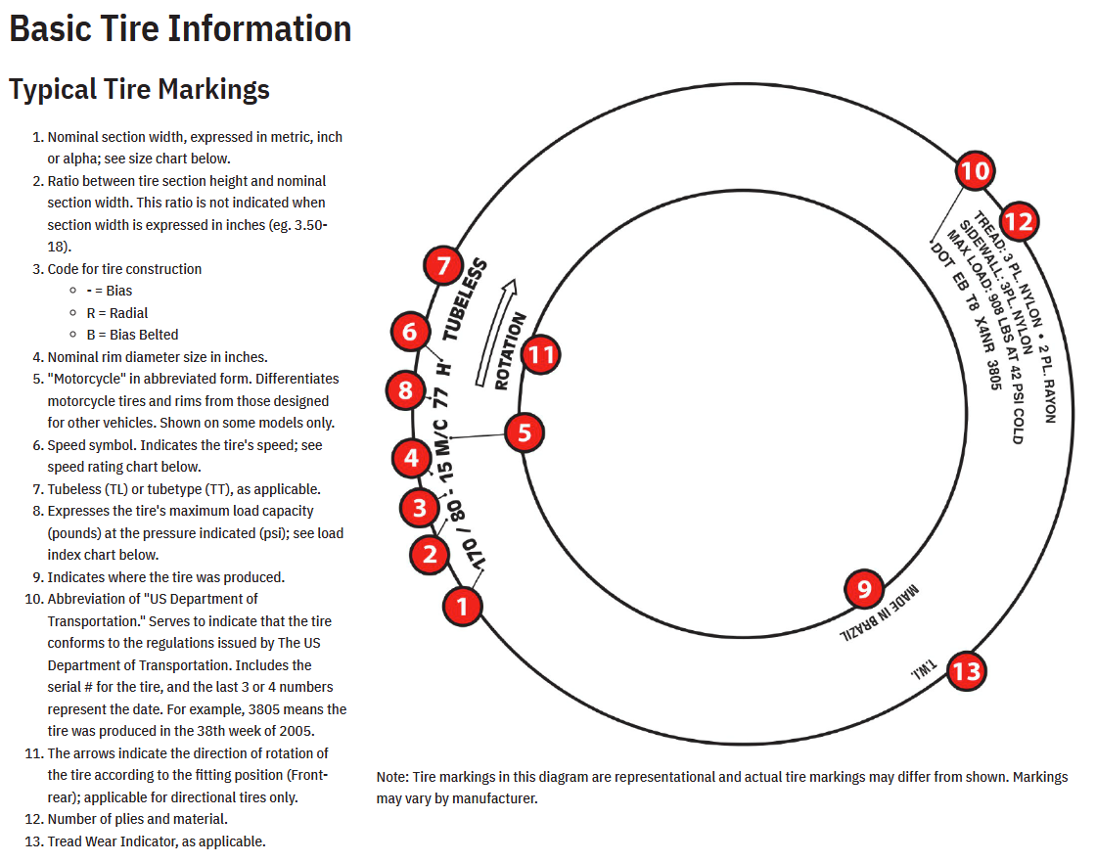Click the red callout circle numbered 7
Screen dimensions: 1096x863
[x=443, y=265]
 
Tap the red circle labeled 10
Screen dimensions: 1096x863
[x=975, y=170]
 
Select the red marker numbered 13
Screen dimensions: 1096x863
[x=967, y=671]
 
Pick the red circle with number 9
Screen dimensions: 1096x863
[x=864, y=589]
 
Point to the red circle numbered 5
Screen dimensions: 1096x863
[x=525, y=432]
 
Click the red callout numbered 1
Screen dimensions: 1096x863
[x=462, y=606]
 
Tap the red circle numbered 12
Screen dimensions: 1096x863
[x=1019, y=221]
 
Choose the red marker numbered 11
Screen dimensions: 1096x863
[x=540, y=355]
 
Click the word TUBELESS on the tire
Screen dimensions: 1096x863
[x=465, y=299]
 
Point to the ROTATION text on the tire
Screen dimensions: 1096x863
[x=510, y=351]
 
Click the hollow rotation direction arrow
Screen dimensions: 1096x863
[x=496, y=333]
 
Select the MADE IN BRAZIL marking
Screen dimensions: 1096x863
[x=880, y=613]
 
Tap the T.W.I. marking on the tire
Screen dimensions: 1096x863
[x=924, y=668]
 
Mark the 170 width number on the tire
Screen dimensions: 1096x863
[x=474, y=554]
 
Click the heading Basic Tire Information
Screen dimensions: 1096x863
[x=180, y=28]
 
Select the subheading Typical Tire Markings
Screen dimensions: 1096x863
[x=139, y=89]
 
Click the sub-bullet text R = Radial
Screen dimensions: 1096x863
[x=117, y=313]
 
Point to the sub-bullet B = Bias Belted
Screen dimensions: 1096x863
[x=132, y=335]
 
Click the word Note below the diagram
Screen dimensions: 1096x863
[x=391, y=777]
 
